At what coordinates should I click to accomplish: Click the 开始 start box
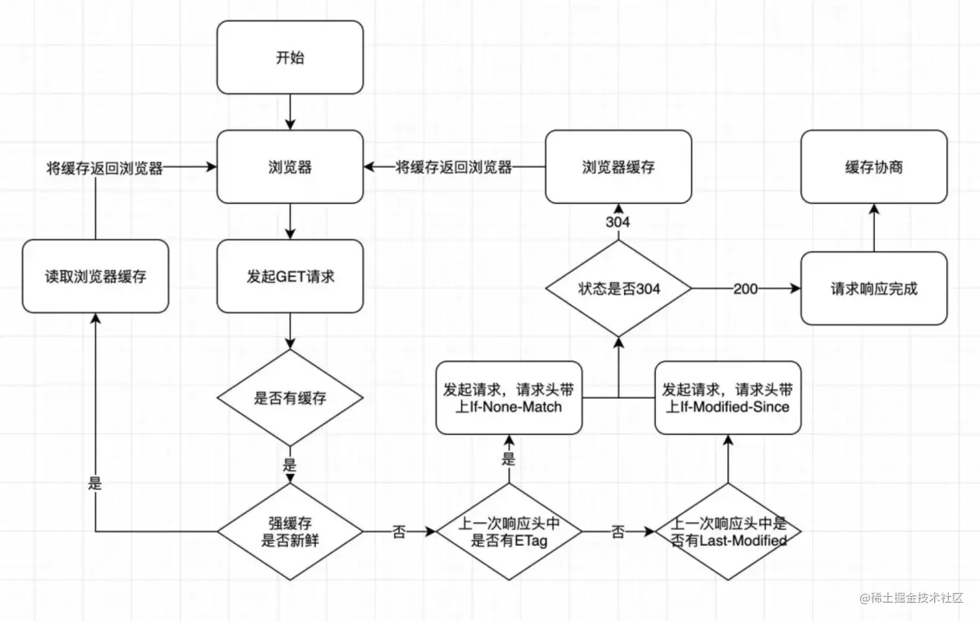point(290,58)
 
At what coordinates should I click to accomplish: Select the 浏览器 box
point(290,167)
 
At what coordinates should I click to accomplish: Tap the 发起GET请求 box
point(290,277)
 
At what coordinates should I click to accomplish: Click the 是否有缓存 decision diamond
point(290,398)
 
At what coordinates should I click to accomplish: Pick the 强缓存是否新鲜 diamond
point(290,532)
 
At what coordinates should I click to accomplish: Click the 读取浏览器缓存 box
point(95,277)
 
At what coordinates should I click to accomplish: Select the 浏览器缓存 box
point(618,167)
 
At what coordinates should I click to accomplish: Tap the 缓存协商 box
point(874,167)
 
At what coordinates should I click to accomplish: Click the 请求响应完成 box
point(874,289)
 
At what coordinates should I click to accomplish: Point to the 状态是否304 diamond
point(618,289)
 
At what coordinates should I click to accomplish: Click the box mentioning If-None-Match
point(509,398)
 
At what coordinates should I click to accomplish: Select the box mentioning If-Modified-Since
point(728,398)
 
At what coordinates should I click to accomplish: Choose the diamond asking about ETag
point(509,532)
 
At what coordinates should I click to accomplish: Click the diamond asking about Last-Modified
point(728,532)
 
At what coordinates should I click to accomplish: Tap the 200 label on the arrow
point(745,289)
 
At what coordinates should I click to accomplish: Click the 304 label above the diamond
point(618,222)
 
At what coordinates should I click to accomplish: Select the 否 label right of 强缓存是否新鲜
point(399,532)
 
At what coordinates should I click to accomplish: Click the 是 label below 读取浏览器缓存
point(95,482)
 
